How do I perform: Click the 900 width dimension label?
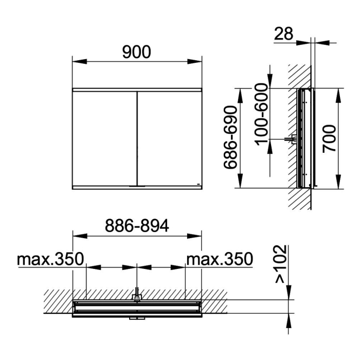pyautogui.click(x=137, y=52)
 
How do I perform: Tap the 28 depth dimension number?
pyautogui.click(x=284, y=34)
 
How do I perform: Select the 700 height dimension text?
pyautogui.click(x=329, y=138)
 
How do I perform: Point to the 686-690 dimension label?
pyautogui.click(x=230, y=137)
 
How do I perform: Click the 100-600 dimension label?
pyautogui.click(x=261, y=114)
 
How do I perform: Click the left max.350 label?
pyautogui.click(x=51, y=259)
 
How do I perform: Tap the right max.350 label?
pyautogui.click(x=220, y=259)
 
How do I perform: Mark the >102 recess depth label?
pyautogui.click(x=281, y=264)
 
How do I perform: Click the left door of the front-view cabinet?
pyautogui.click(x=105, y=139)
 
